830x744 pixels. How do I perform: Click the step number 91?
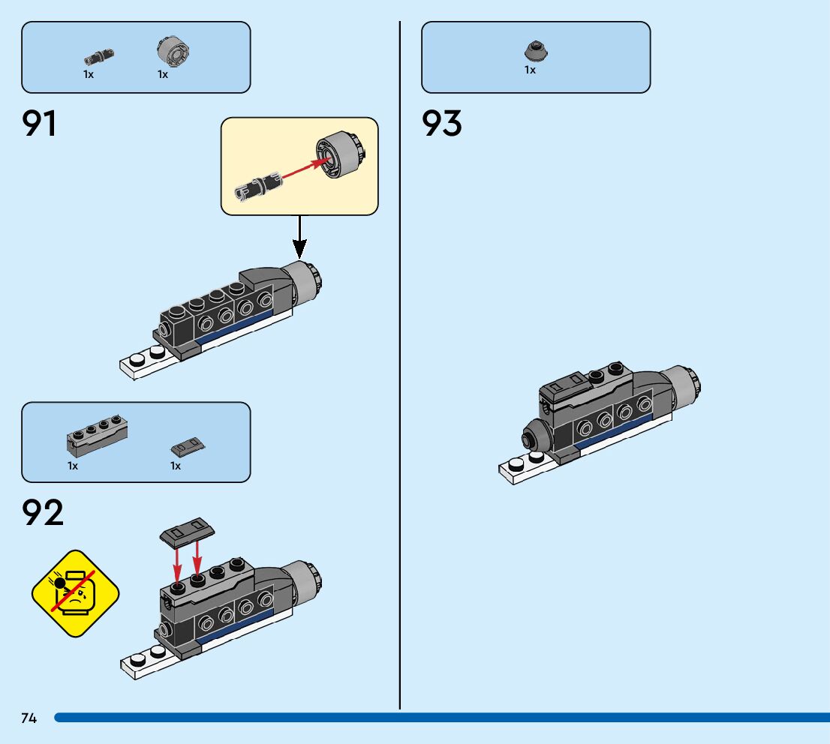(x=40, y=124)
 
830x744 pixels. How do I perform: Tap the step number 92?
(x=43, y=514)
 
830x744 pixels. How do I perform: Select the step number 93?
(x=442, y=124)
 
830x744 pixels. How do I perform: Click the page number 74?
(x=29, y=718)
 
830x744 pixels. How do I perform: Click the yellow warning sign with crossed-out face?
(x=76, y=593)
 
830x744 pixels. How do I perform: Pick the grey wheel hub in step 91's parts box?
(x=173, y=51)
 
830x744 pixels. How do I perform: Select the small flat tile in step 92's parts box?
(x=188, y=447)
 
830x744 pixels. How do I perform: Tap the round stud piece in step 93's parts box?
(x=534, y=50)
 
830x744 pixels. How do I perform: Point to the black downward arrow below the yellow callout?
(x=299, y=238)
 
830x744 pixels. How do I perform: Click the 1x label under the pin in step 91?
(x=88, y=75)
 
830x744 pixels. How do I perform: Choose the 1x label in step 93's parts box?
(x=530, y=70)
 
